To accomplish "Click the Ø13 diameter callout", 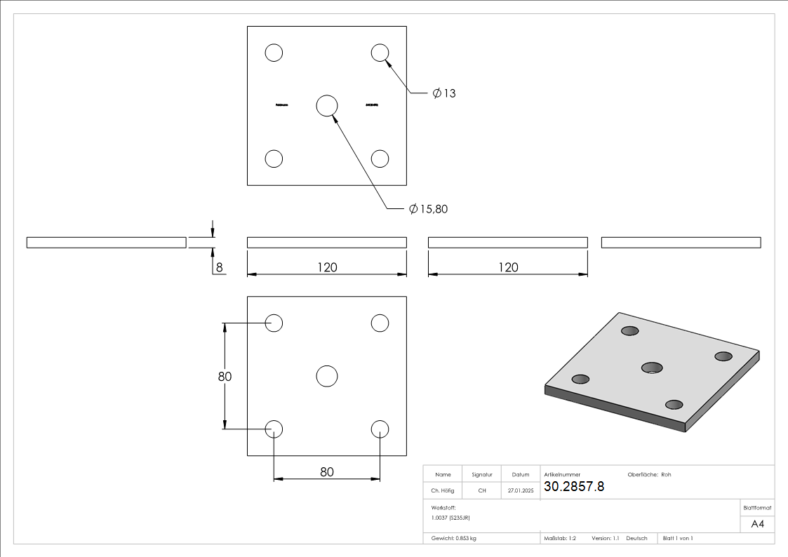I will click(444, 93).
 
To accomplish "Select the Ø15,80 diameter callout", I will click(428, 209).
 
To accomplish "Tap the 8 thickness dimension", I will click(219, 267).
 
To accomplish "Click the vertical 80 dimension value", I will click(225, 377).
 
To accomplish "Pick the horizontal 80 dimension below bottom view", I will click(327, 472).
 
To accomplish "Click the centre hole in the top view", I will click(327, 105).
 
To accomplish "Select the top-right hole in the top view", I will click(380, 53).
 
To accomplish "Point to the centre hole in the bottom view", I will click(327, 376).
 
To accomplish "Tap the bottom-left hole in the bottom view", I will click(274, 429).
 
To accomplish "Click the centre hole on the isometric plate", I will click(653, 367).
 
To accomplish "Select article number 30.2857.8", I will click(573, 487).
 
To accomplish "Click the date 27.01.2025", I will click(521, 491).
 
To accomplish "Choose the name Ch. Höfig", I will click(443, 491).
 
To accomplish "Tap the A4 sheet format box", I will click(758, 524).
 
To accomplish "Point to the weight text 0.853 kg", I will click(454, 538).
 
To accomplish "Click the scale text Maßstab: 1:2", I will click(560, 538).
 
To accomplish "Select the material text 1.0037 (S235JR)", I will click(450, 517).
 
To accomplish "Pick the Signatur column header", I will click(482, 475).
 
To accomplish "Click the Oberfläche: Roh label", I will click(649, 475).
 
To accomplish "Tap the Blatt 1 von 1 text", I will click(678, 538).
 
